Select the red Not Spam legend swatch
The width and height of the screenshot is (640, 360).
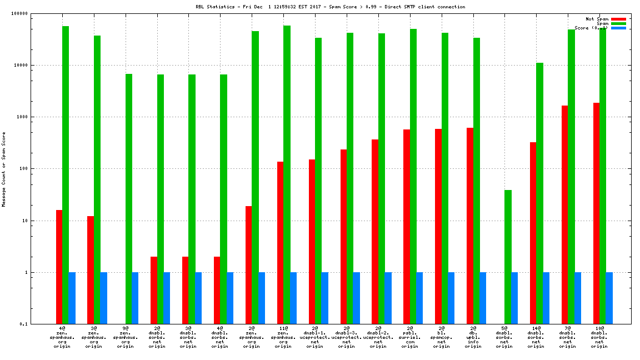coord(618,19)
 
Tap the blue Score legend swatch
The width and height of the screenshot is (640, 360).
coord(618,28)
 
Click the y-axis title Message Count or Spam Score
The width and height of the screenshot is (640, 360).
coord(4,169)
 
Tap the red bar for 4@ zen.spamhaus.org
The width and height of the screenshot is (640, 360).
coord(59,267)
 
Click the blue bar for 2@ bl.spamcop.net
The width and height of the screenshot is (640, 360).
coord(451,298)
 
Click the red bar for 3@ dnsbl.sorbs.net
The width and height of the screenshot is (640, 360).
coord(185,290)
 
